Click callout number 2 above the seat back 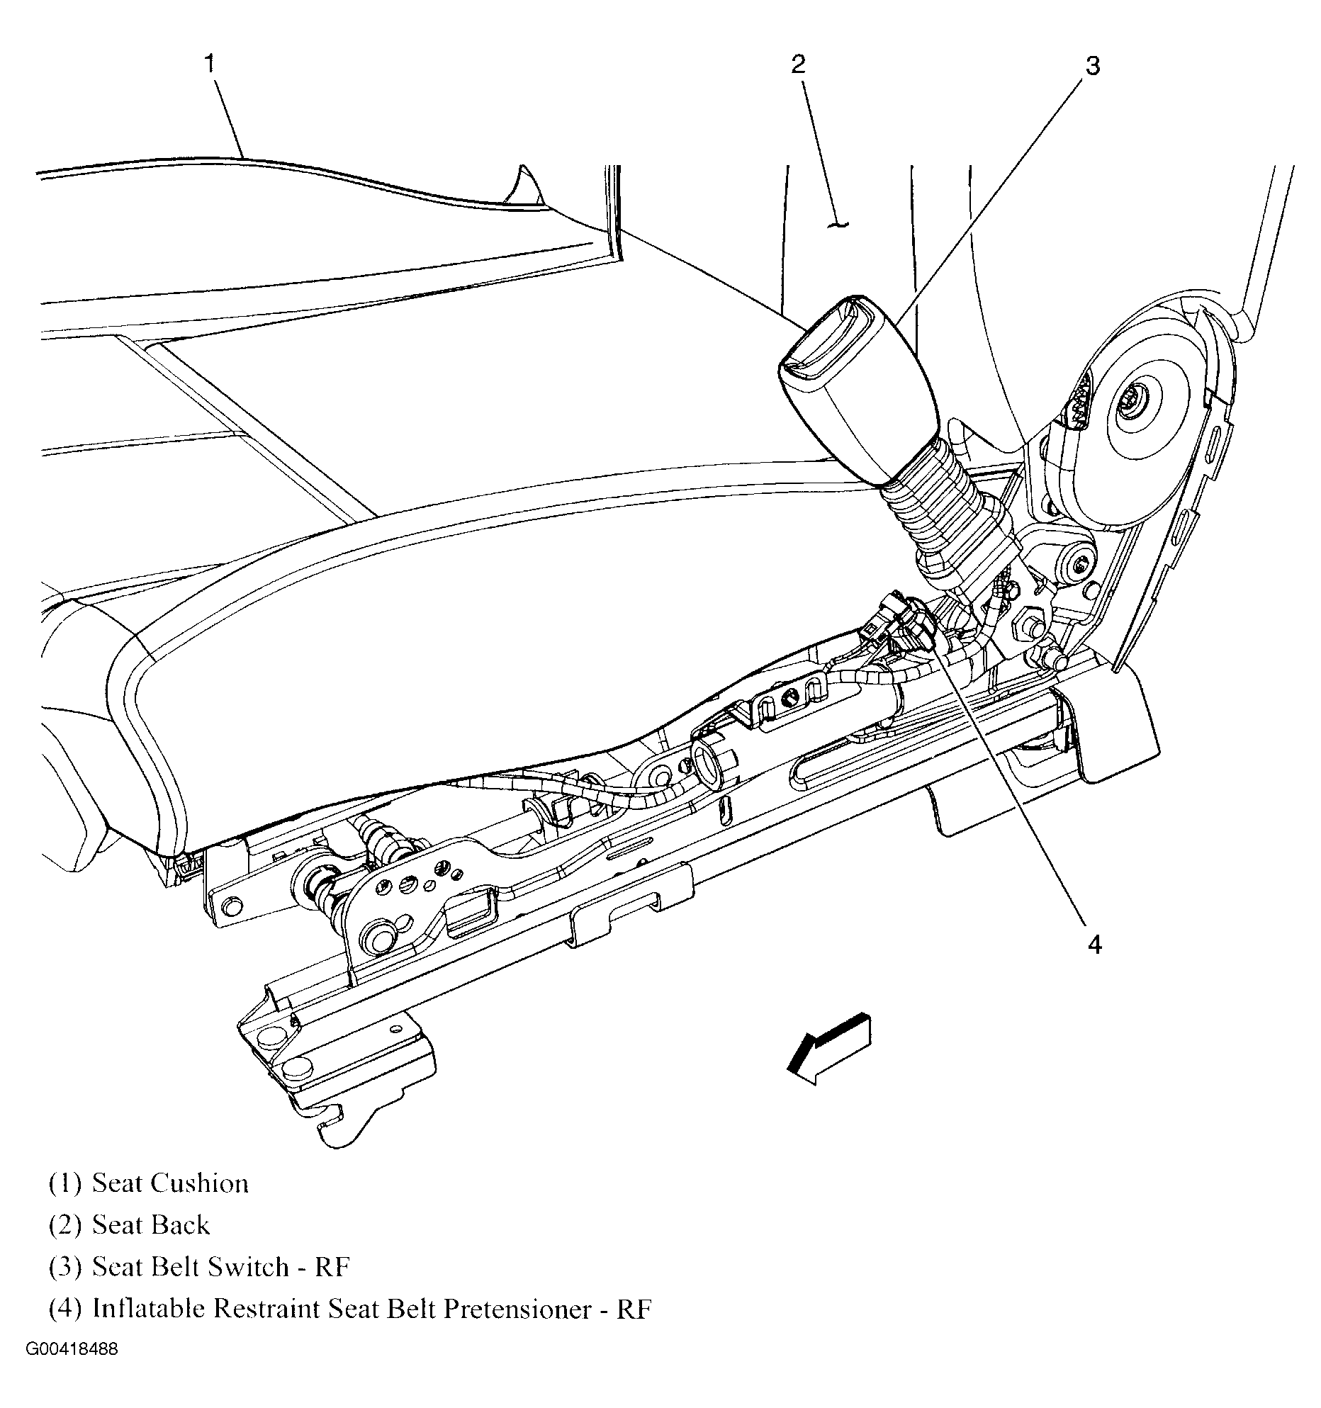798,64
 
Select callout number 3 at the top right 1092,67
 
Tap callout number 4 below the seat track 1094,945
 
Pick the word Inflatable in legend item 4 149,1309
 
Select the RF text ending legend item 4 634,1309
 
